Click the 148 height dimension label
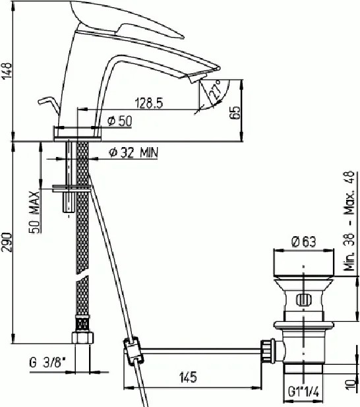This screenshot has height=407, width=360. coord(7,71)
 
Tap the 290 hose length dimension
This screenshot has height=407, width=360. coord(7,243)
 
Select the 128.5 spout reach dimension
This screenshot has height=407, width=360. coord(149,103)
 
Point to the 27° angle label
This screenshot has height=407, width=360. coord(215,90)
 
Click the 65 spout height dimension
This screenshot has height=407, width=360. coord(235,112)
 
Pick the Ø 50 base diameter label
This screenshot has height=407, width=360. coord(120,121)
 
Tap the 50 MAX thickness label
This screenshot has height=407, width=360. coord(34,212)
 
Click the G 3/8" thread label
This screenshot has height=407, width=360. coord(47,362)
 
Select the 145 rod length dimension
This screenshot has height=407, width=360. coord(188,377)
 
